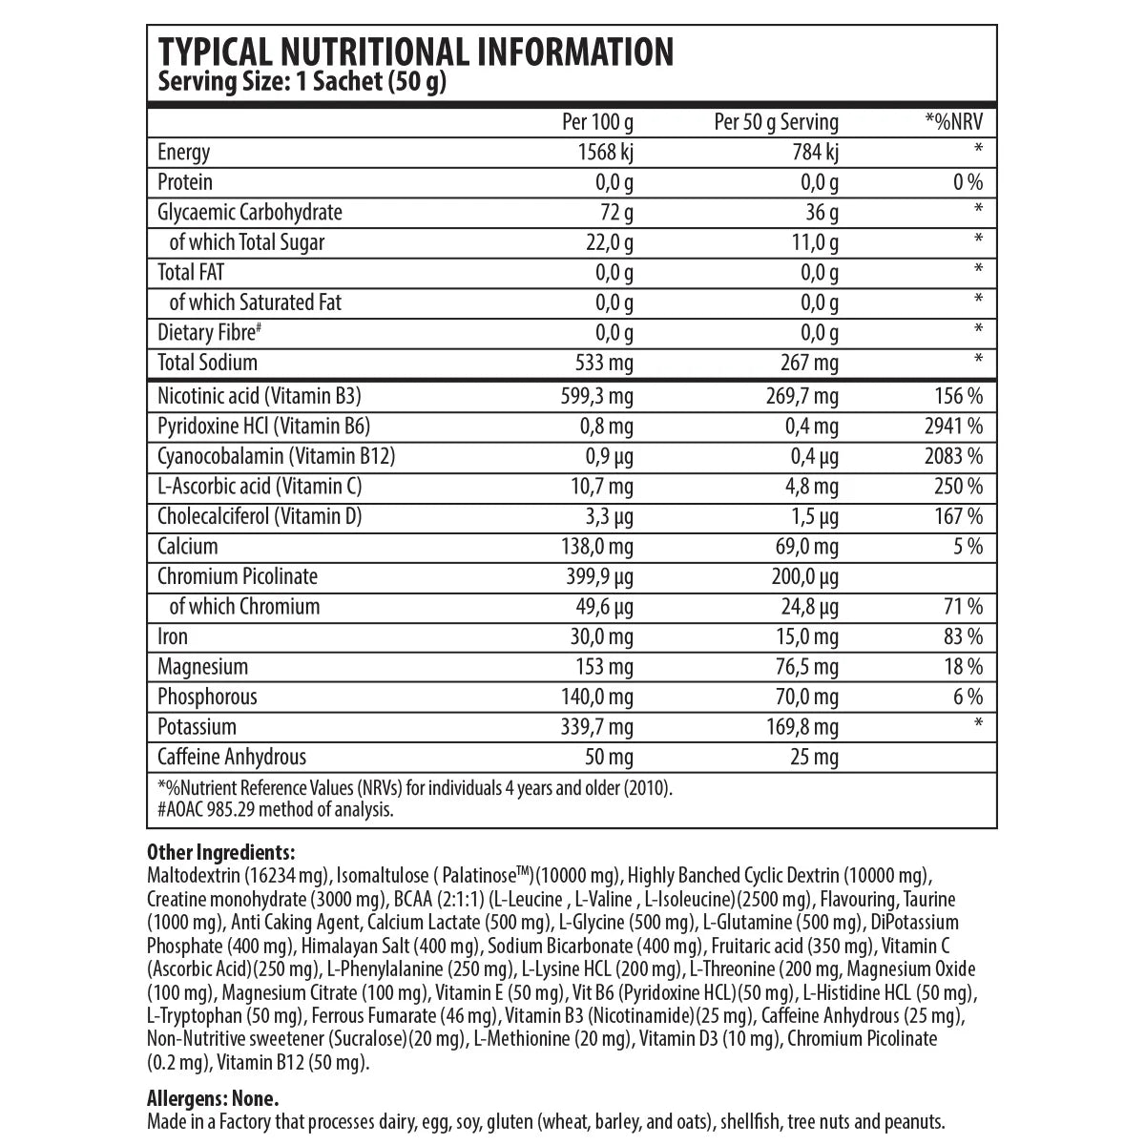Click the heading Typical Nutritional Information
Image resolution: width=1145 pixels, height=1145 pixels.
click(415, 52)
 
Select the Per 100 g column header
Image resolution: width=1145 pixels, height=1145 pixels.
click(597, 122)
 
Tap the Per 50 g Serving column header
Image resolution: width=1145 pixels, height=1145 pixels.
click(776, 122)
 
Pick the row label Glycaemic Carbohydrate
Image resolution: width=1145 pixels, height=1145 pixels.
click(250, 212)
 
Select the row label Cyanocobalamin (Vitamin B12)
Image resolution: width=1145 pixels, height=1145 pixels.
click(276, 456)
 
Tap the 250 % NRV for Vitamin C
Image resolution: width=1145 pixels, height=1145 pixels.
click(957, 487)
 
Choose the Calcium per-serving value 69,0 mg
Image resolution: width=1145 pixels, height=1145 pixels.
click(802, 547)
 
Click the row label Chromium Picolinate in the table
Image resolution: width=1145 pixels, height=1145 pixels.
click(238, 576)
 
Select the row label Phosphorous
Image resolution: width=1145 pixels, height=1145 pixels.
click(207, 697)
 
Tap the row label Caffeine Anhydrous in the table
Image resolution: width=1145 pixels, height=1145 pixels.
click(232, 757)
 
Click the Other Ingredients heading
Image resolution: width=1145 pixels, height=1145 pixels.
click(221, 852)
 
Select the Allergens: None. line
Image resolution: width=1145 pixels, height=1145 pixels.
click(213, 1099)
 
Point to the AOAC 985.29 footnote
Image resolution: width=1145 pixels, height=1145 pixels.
click(275, 810)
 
